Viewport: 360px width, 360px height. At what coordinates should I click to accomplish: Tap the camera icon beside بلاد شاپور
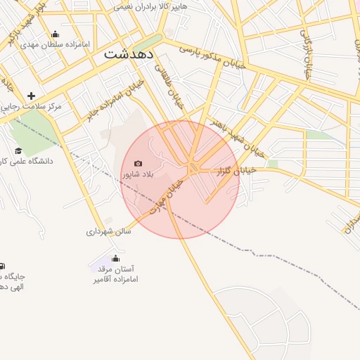pos(138,163)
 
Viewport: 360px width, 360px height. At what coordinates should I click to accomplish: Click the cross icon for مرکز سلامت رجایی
pos(31,95)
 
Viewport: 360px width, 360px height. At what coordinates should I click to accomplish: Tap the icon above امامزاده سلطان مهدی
pos(56,34)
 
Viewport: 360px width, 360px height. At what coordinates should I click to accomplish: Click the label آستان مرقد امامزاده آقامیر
pos(115,274)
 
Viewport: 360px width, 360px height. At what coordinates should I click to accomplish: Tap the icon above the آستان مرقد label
pos(115,258)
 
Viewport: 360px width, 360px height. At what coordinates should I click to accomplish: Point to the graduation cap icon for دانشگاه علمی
pos(19,150)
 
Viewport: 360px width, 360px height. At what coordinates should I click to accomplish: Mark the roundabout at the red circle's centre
pos(193,167)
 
